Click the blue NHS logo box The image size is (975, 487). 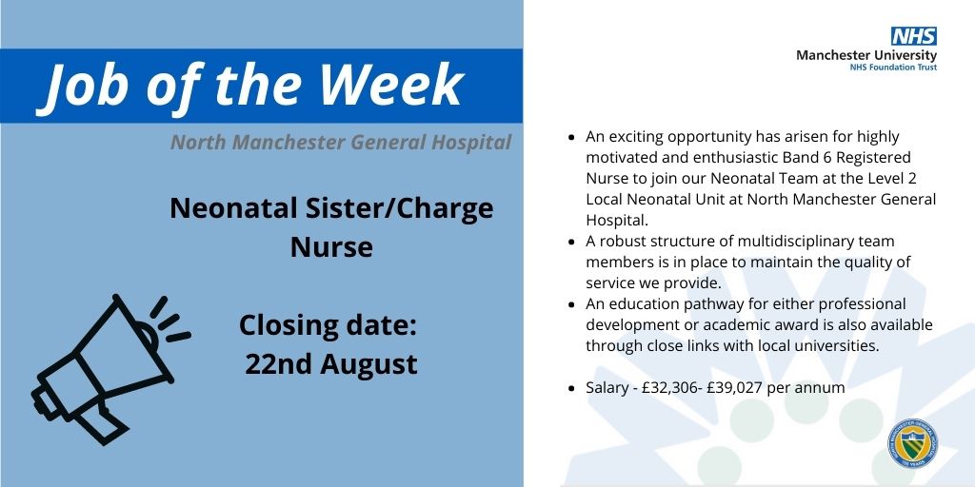913,36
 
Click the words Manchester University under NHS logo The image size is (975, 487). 866,55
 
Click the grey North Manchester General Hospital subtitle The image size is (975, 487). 341,143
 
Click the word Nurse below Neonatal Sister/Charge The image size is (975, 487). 331,247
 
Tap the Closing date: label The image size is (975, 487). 328,325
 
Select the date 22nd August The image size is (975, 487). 330,363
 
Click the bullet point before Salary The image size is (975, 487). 570,388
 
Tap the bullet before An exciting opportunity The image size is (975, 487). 570,137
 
